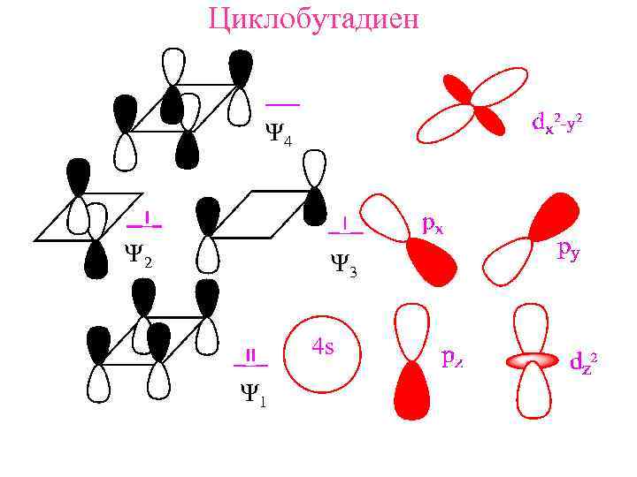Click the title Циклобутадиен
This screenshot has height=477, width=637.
pos(313,19)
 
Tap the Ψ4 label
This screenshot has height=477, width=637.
pos(278,135)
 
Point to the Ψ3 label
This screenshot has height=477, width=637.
pos(342,263)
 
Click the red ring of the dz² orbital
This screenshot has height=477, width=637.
pos(532,360)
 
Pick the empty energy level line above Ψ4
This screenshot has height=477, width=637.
pos(282,104)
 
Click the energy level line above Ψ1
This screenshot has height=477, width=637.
pos(250,364)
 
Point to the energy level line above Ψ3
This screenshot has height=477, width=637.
pos(345,232)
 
